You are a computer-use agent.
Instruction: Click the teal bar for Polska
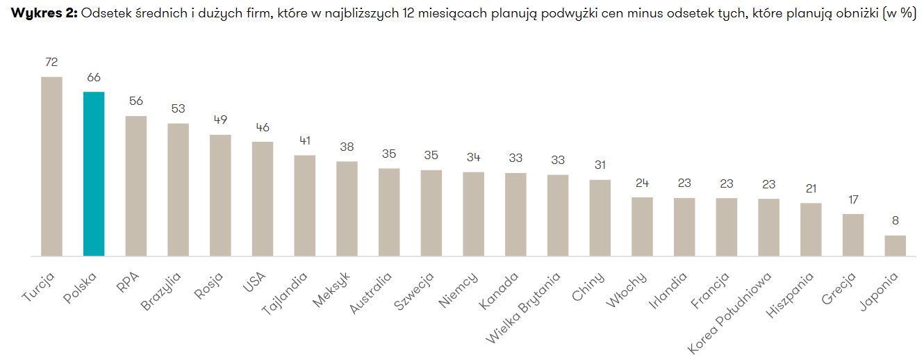[x=94, y=174]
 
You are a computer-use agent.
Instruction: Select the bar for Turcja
[x=51, y=166]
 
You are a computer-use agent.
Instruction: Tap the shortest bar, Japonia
[x=895, y=245]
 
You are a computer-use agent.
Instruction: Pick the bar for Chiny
[x=600, y=218]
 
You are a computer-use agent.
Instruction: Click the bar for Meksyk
[x=347, y=208]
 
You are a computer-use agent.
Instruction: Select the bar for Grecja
[x=852, y=235]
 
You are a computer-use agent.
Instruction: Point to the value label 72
[x=51, y=63]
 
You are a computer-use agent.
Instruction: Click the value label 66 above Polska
[x=94, y=78]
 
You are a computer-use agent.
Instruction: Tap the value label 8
[x=895, y=222]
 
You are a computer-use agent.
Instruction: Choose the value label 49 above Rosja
[x=220, y=120]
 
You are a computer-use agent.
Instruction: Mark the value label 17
[x=852, y=200]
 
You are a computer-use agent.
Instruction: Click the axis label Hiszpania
[x=792, y=295]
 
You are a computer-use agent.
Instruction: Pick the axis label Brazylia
[x=160, y=292]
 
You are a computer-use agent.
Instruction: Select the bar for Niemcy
[x=473, y=214]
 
